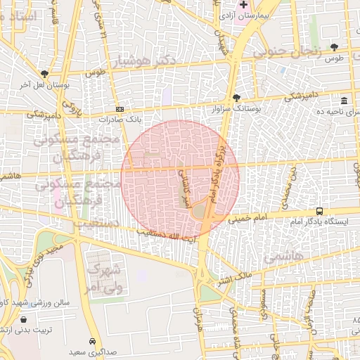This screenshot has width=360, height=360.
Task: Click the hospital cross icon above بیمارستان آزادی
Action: point(243,4)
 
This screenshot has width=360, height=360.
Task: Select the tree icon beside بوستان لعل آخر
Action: point(45,74)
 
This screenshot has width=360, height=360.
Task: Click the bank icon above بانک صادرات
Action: point(120,109)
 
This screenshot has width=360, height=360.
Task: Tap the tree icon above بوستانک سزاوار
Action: point(236,98)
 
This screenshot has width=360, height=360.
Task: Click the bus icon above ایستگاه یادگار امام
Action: point(320,211)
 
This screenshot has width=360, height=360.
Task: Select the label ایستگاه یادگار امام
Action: point(319,221)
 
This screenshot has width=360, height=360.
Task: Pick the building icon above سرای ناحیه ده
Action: point(343,101)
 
